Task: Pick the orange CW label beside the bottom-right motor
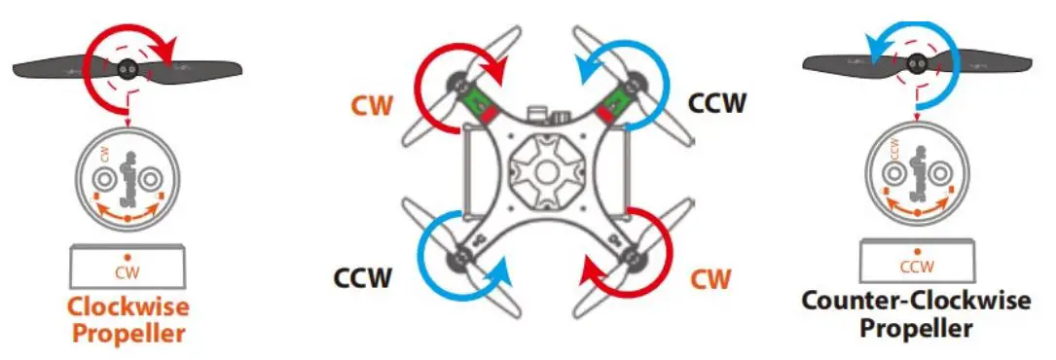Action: pyautogui.click(x=710, y=280)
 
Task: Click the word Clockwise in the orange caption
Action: pyautogui.click(x=127, y=307)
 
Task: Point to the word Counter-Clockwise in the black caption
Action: pyautogui.click(x=915, y=300)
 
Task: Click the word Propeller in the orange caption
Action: pyautogui.click(x=127, y=334)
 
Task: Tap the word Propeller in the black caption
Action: pyautogui.click(x=915, y=328)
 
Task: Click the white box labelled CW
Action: pyautogui.click(x=127, y=264)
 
